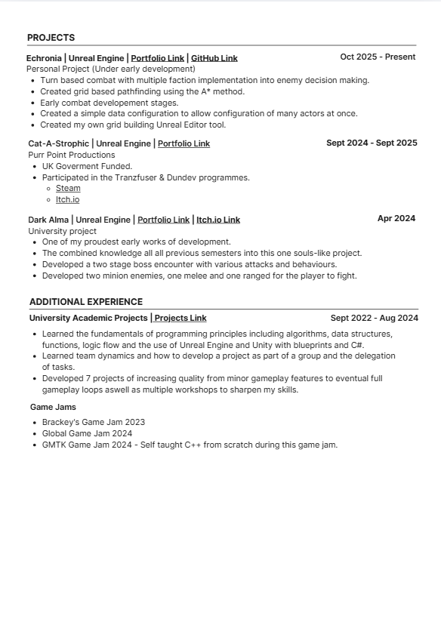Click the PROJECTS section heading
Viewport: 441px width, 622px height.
pyautogui.click(x=51, y=38)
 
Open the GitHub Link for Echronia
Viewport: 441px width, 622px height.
pyautogui.click(x=214, y=58)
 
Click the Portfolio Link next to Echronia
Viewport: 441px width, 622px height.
pyautogui.click(x=158, y=58)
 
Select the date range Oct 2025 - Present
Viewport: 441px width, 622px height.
pyautogui.click(x=378, y=57)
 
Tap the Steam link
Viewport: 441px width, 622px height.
pyautogui.click(x=68, y=189)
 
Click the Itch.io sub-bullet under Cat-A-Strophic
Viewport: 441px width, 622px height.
pyautogui.click(x=67, y=200)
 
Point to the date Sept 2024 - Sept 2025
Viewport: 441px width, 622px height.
pyautogui.click(x=372, y=143)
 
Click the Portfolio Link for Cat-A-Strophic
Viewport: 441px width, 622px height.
pyautogui.click(x=183, y=143)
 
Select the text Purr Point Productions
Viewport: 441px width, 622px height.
pyautogui.click(x=72, y=155)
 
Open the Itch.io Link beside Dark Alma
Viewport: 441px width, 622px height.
pyautogui.click(x=218, y=220)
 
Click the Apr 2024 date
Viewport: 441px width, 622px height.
pyautogui.click(x=396, y=218)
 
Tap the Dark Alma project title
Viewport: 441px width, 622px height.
pyautogui.click(x=48, y=220)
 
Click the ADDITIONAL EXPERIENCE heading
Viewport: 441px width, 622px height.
pyautogui.click(x=86, y=302)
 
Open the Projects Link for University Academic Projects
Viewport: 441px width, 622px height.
pyautogui.click(x=180, y=319)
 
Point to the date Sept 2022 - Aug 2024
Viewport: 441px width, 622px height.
pyautogui.click(x=374, y=318)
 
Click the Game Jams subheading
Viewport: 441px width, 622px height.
pyautogui.click(x=53, y=408)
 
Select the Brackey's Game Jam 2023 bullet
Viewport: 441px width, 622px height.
pyautogui.click(x=94, y=423)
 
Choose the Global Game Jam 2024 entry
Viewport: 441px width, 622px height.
pyautogui.click(x=87, y=434)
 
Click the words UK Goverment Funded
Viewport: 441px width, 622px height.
pyautogui.click(x=87, y=166)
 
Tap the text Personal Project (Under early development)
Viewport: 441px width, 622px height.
pyautogui.click(x=110, y=69)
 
